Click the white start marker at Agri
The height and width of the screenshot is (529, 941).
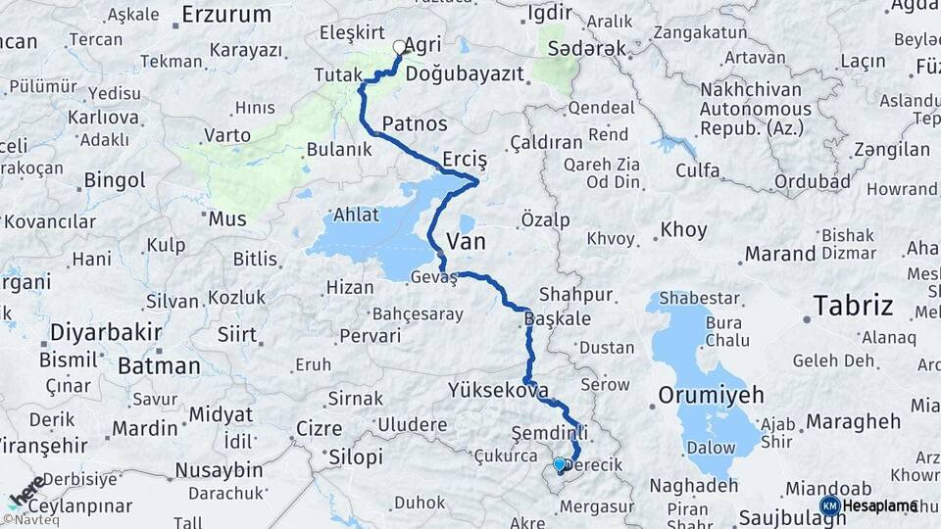coord(399,46)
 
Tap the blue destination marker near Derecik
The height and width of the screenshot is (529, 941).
coord(559,463)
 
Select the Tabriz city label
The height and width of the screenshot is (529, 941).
coord(853,306)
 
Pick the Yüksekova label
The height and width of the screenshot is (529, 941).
coord(497,391)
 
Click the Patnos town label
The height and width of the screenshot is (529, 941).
coord(415,124)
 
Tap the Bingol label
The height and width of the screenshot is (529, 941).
coord(115,180)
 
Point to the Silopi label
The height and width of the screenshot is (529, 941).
coord(356,457)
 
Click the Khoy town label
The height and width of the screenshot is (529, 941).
coord(683,230)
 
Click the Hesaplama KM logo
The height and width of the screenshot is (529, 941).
coord(868,505)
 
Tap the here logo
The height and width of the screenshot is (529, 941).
coord(25,492)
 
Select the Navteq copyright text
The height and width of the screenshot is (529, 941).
coord(28,520)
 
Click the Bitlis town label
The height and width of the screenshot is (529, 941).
coord(255,259)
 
